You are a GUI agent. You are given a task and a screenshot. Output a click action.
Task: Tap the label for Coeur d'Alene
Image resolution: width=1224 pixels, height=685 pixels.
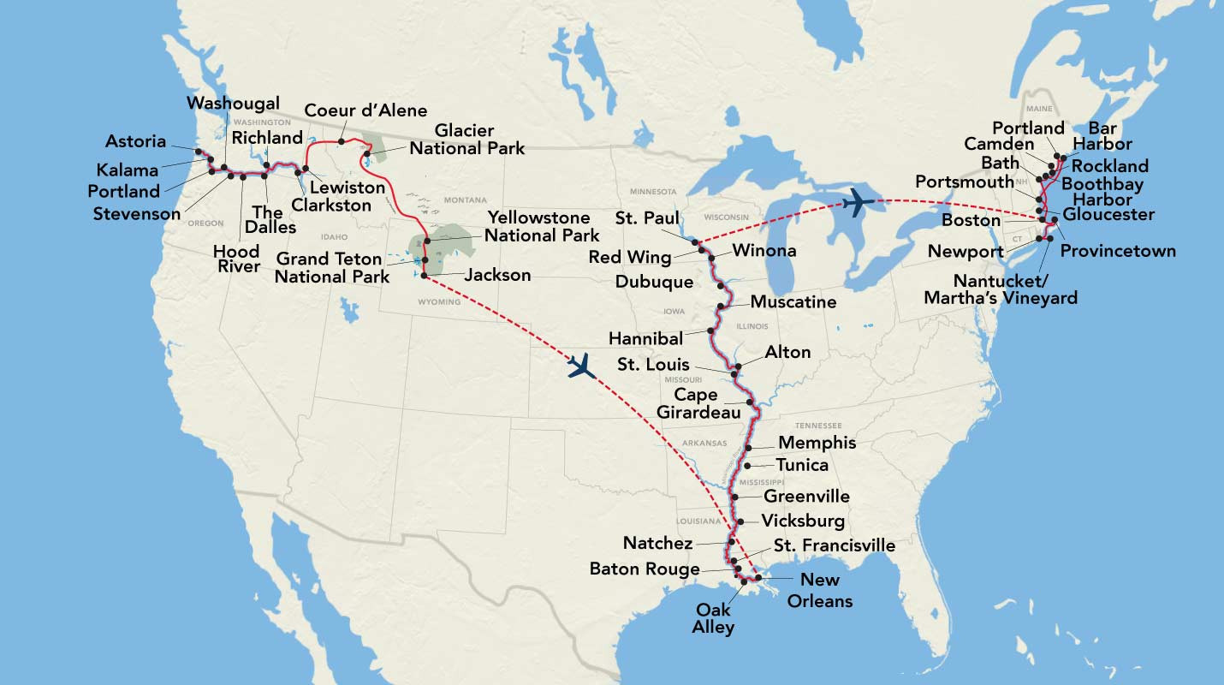(365, 110)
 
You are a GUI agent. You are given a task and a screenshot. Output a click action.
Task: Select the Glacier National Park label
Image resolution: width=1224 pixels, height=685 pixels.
(466, 140)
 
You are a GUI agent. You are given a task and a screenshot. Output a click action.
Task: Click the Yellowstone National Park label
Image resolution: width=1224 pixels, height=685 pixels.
(538, 226)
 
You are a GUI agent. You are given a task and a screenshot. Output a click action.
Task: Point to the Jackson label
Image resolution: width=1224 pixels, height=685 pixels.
(497, 276)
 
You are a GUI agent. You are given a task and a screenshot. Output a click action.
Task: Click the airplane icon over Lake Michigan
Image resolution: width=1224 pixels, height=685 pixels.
(859, 203)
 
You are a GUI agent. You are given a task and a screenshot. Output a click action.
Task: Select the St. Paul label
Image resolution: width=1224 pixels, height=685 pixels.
(647, 219)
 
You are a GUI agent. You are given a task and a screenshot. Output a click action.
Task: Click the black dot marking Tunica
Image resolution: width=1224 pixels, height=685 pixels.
(748, 466)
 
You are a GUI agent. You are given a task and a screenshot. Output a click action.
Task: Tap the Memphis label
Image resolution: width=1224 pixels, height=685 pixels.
(817, 444)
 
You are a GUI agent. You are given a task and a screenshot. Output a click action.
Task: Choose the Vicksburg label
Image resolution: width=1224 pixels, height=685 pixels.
(803, 521)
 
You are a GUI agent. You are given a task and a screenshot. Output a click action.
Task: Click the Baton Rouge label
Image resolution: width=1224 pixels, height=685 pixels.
(645, 569)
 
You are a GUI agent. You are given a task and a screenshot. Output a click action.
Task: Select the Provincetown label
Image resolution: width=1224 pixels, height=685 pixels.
(1118, 251)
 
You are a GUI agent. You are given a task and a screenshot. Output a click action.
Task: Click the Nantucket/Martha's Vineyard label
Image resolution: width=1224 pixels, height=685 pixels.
(1001, 289)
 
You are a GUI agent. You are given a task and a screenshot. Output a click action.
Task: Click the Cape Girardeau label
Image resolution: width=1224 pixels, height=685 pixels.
(698, 404)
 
